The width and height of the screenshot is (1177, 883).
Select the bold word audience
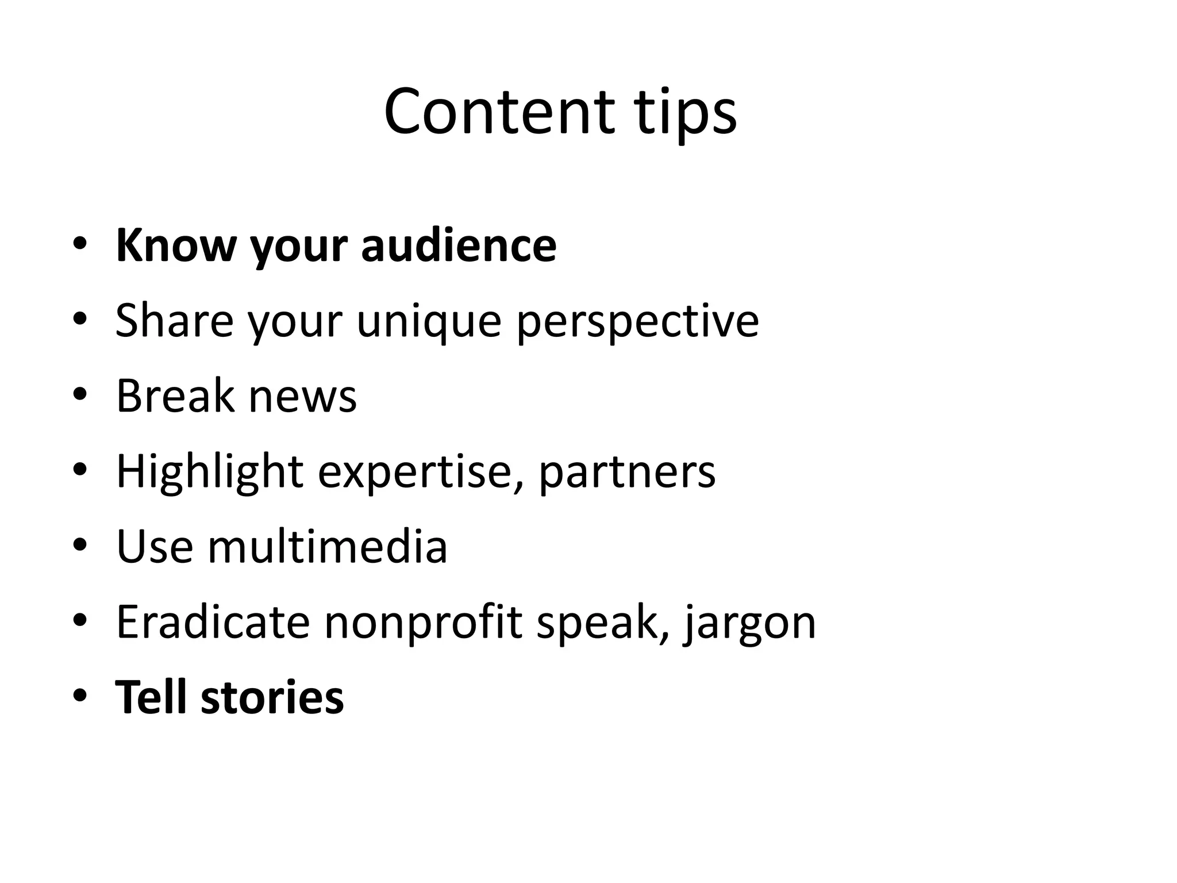[x=459, y=245]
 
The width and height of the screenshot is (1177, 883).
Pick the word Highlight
[x=210, y=471]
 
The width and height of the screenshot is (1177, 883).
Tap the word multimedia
[x=327, y=546]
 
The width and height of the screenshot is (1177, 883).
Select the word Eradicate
[x=213, y=621]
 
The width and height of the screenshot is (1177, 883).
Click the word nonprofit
[x=423, y=621]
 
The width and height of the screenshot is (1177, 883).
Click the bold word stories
[x=272, y=697]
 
